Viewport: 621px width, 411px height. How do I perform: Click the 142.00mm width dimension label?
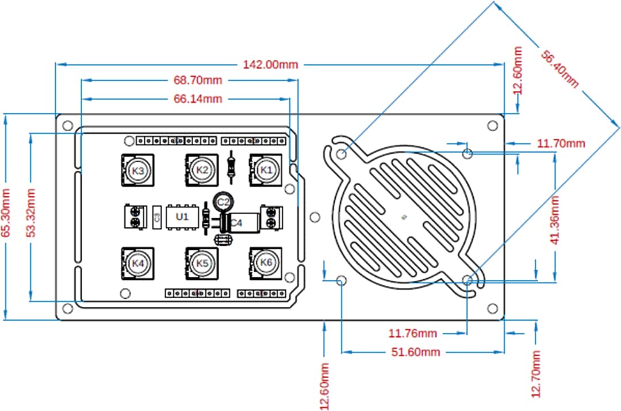[x=270, y=64]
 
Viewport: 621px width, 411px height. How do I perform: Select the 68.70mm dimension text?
[x=198, y=80]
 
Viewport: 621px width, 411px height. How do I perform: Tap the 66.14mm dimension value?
[x=198, y=99]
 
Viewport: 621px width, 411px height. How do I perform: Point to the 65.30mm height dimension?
[x=7, y=212]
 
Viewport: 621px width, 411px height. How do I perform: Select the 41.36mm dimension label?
[x=555, y=220]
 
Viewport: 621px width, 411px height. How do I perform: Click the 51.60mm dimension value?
[x=415, y=352]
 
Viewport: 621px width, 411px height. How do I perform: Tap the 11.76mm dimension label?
[x=413, y=333]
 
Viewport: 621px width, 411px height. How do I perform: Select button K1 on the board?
[x=265, y=170]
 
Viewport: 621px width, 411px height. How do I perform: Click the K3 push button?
[x=137, y=171]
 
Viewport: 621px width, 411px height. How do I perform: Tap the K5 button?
[x=201, y=263]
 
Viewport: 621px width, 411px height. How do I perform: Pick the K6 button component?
[x=266, y=263]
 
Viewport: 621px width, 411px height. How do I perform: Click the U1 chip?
[x=182, y=216]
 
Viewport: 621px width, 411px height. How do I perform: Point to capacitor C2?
[x=223, y=201]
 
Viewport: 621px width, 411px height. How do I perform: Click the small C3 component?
[x=156, y=216]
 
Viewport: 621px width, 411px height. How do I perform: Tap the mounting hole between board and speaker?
[x=315, y=217]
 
